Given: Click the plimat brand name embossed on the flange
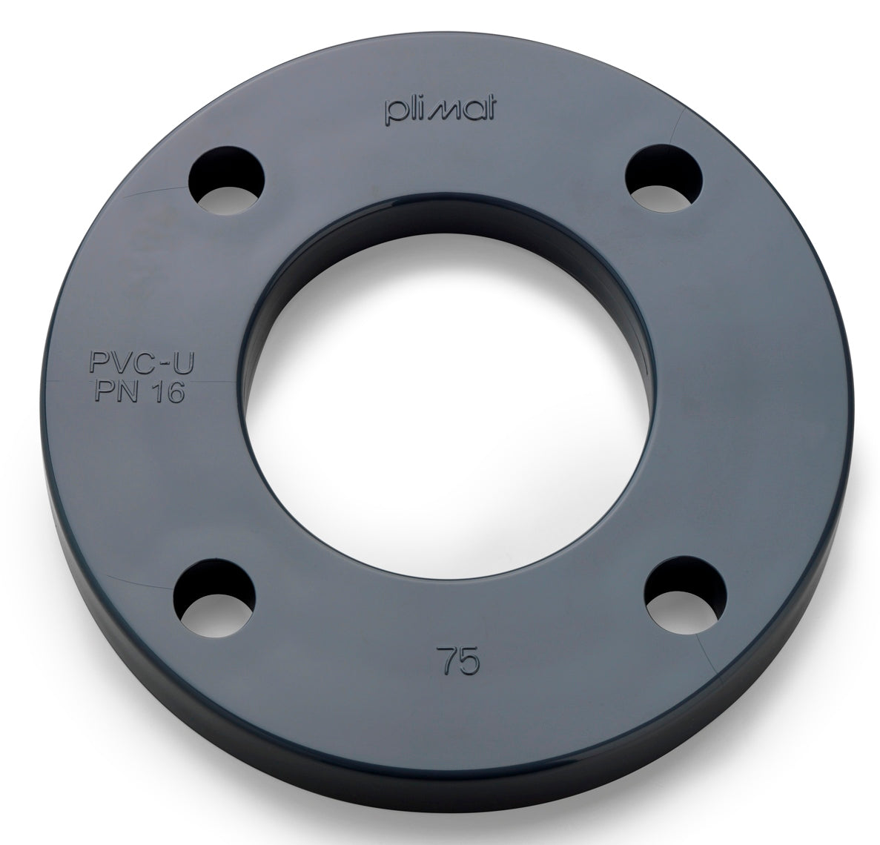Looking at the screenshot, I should (x=441, y=110).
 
